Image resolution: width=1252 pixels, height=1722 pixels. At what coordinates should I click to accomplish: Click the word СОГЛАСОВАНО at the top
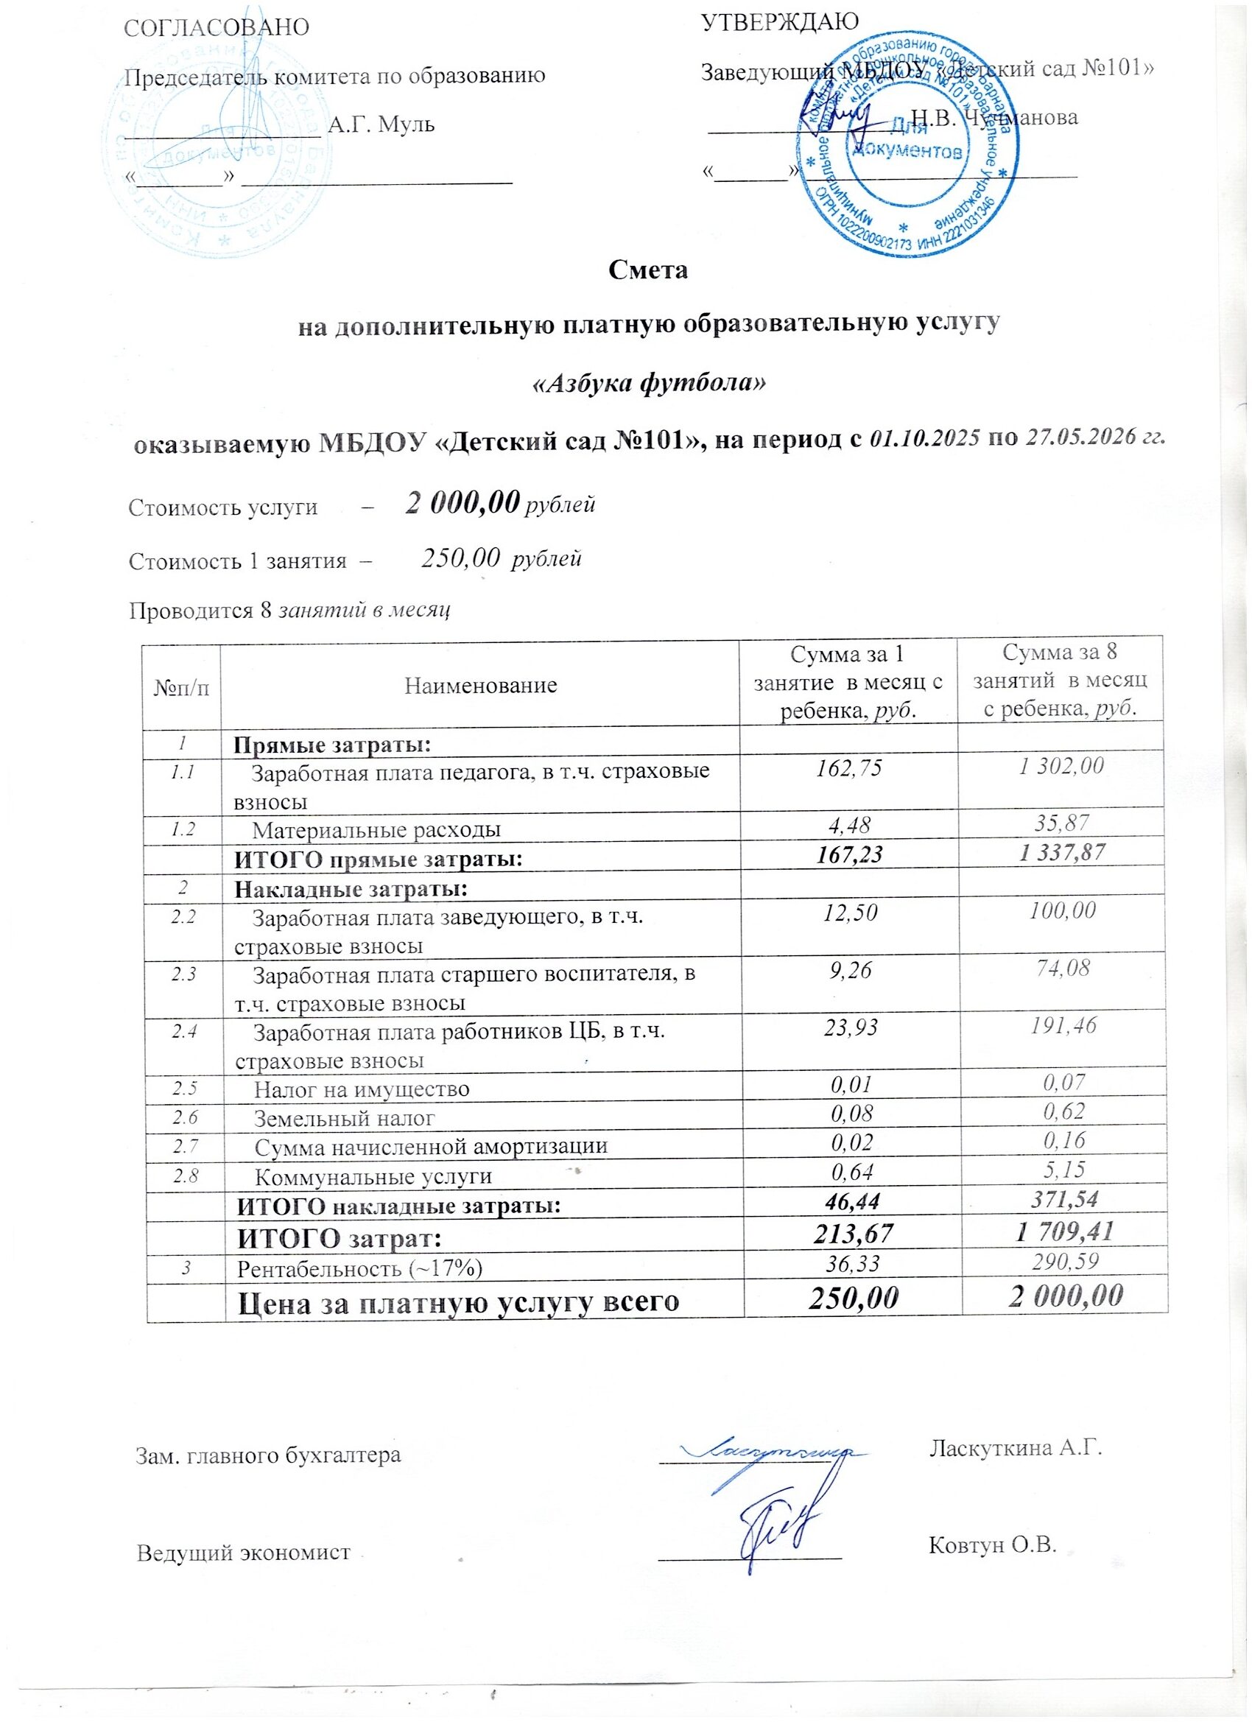point(217,27)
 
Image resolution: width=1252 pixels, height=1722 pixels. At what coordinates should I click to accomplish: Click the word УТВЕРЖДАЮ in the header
point(780,21)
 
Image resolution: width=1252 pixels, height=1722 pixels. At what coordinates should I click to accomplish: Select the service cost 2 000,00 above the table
point(463,502)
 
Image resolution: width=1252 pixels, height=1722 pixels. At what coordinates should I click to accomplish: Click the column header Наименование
point(480,686)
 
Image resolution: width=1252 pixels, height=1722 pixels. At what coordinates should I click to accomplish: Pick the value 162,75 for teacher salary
point(848,768)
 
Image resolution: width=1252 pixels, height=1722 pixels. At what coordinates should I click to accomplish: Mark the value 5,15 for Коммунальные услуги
point(1063,1170)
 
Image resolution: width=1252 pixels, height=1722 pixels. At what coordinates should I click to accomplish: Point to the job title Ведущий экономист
point(244,1552)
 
